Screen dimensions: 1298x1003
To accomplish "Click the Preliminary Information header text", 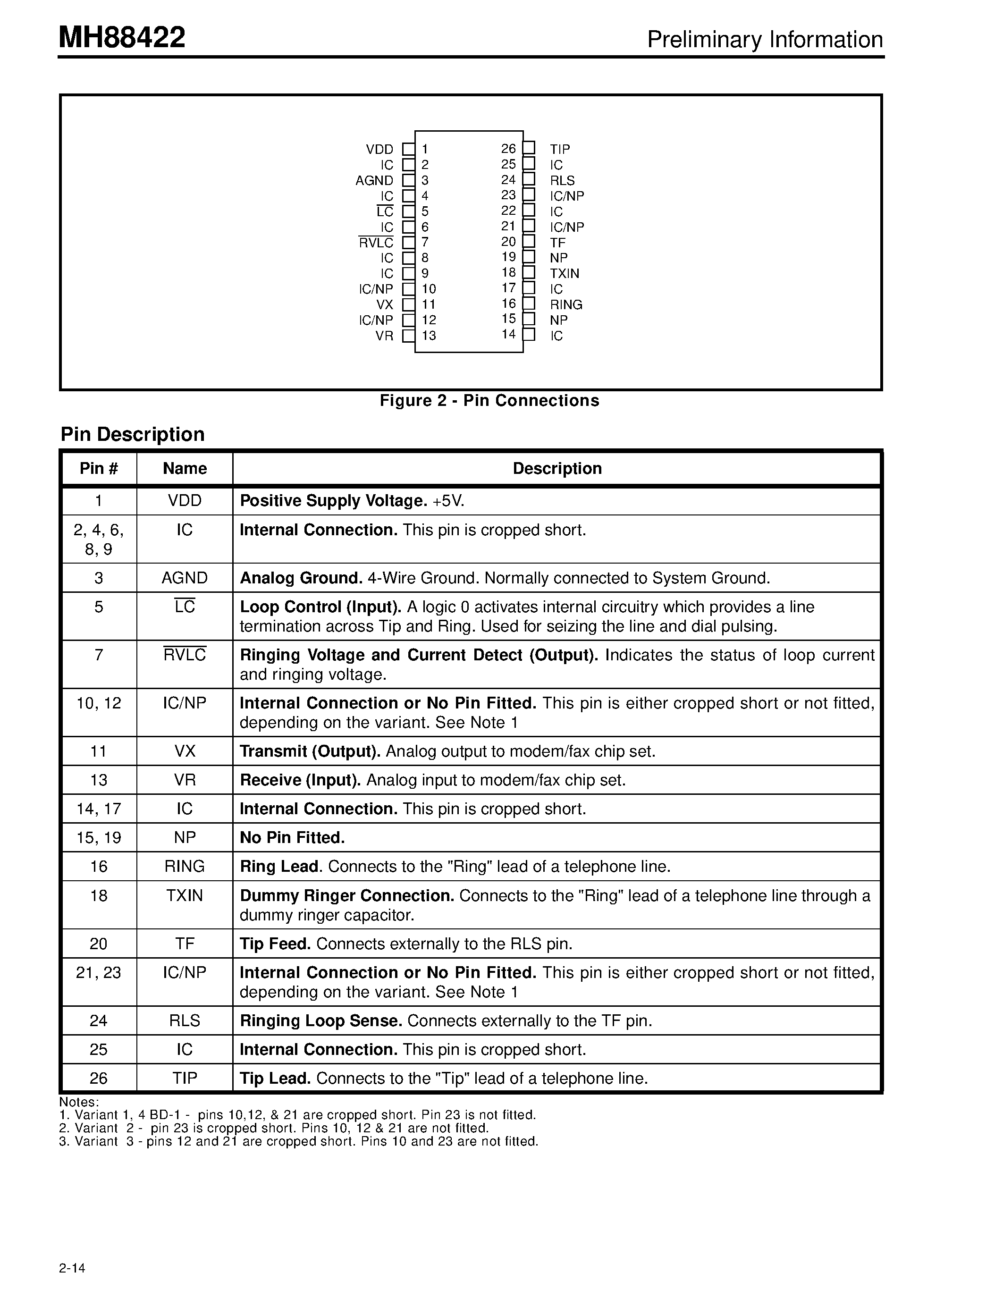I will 765,40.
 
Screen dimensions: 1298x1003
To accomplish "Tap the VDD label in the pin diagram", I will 379,149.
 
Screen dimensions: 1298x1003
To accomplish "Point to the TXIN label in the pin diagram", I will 565,273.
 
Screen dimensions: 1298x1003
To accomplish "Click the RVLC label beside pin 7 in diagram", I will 376,243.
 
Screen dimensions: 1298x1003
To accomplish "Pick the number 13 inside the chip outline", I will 429,336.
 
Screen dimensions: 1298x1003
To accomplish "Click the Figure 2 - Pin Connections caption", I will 489,401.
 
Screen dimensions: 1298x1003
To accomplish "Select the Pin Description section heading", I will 133,434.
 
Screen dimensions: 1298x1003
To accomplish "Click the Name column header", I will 185,468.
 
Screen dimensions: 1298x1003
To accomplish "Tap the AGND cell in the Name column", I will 185,578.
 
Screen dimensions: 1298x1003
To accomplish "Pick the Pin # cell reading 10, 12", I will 99,703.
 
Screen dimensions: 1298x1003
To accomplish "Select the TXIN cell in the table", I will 185,896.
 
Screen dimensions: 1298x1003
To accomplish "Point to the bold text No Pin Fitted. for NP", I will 292,837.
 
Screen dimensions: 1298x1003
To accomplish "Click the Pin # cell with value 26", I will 99,1078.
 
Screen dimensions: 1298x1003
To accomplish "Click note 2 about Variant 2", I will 274,1128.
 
